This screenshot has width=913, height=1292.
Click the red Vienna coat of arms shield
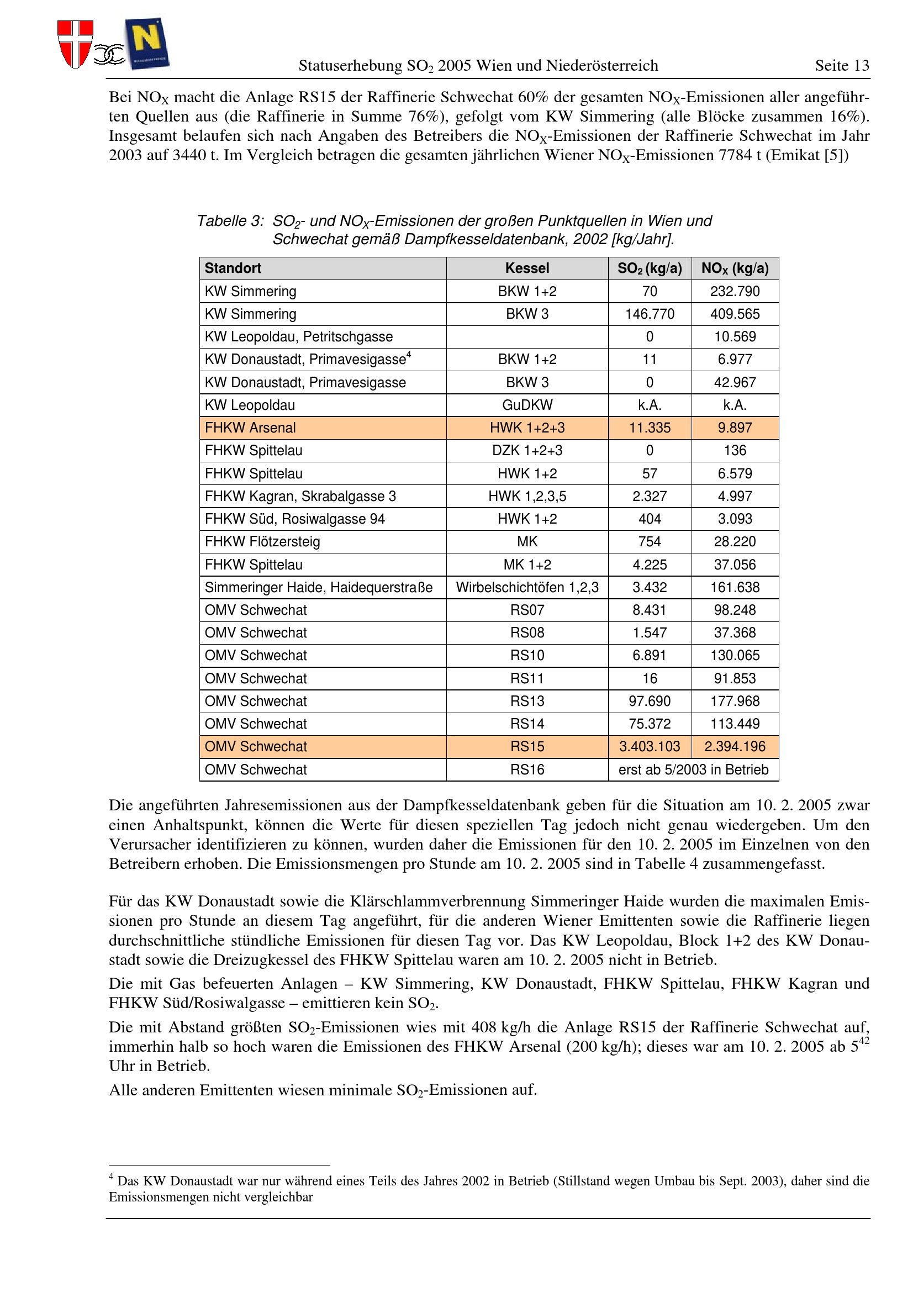tap(75, 43)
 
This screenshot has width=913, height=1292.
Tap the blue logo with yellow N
tap(147, 43)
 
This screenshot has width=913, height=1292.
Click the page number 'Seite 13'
tap(842, 66)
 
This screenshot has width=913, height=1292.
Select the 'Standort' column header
tap(233, 268)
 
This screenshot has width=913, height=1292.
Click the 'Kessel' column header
tap(527, 268)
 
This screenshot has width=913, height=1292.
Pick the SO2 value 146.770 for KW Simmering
tap(650, 314)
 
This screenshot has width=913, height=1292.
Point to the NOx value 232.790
tap(735, 292)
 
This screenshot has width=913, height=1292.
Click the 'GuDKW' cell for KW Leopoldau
tap(527, 405)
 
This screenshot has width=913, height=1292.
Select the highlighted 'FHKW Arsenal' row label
tap(250, 428)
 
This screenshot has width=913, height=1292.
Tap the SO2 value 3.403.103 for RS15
tap(650, 747)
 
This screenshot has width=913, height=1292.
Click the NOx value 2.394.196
tap(735, 747)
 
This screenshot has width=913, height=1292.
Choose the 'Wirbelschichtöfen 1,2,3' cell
tap(527, 588)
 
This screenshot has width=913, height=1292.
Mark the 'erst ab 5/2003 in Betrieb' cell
tap(693, 769)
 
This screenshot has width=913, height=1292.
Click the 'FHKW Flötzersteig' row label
tap(262, 542)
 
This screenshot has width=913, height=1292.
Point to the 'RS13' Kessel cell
tap(527, 701)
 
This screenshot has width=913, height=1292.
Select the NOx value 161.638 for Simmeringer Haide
tap(735, 588)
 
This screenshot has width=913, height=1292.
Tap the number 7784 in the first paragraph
tap(735, 155)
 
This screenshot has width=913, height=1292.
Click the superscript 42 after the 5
tap(864, 1041)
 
